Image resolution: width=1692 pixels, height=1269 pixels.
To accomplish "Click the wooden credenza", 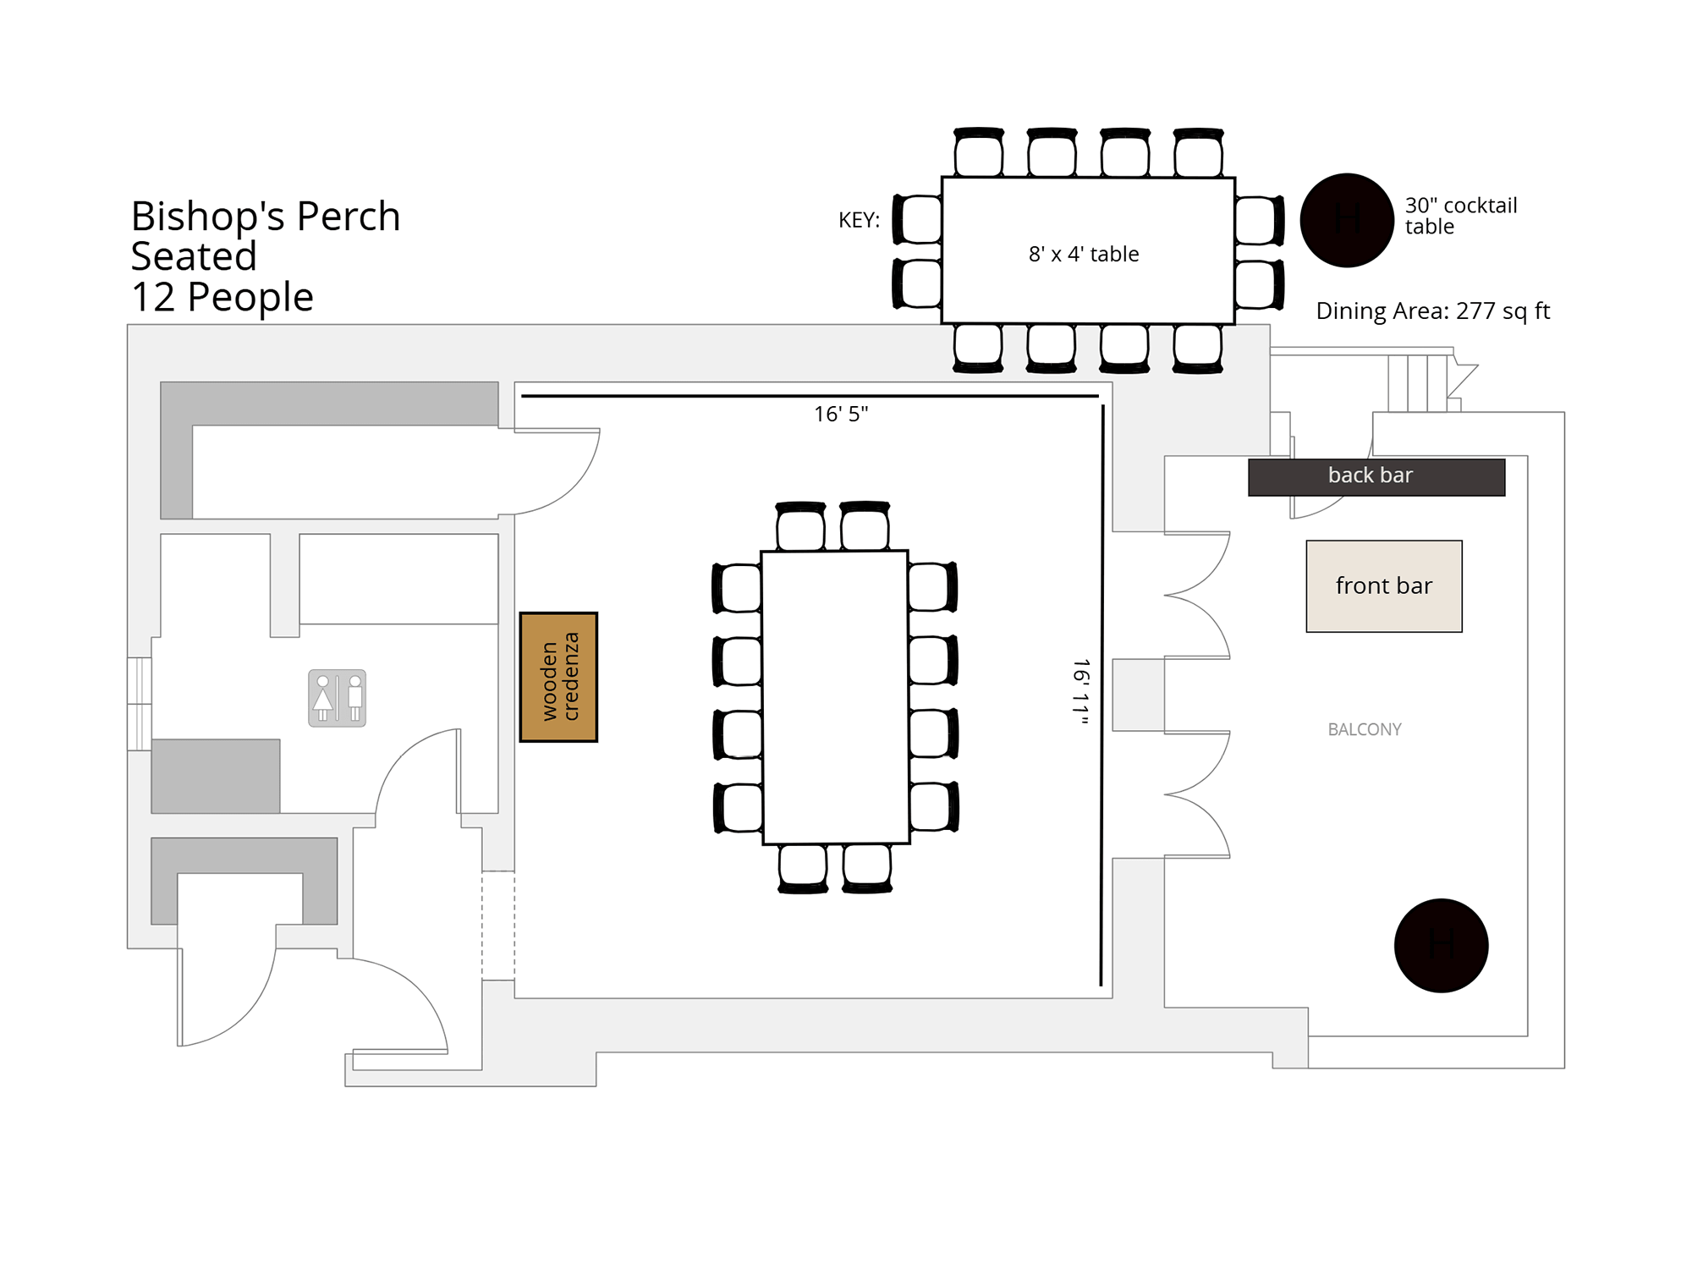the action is click(558, 677).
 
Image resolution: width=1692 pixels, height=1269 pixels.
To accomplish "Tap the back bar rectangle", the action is click(1376, 477).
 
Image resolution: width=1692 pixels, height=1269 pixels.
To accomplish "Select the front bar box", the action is click(1384, 586).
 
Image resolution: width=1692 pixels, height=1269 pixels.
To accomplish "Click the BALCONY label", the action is click(1365, 729).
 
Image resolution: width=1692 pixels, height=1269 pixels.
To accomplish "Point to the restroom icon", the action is click(338, 698).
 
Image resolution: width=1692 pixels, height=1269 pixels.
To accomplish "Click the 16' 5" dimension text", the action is click(841, 414).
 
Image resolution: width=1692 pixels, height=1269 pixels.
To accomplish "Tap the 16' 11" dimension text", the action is click(1080, 692).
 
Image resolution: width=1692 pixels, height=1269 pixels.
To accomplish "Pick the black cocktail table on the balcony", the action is click(1441, 945).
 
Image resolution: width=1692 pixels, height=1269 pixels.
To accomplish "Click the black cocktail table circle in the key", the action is click(1347, 220).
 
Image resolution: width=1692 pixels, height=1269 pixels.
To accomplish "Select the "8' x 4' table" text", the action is click(1084, 254).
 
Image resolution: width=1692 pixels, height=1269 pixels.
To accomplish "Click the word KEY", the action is click(859, 220).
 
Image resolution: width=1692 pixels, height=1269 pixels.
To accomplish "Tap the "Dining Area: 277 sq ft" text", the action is click(1432, 311).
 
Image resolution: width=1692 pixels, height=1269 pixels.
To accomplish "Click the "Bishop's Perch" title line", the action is click(266, 216).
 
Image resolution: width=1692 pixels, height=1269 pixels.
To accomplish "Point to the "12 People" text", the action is click(222, 297).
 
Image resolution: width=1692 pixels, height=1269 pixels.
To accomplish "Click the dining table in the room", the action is click(835, 698).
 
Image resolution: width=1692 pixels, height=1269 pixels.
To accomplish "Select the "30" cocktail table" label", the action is click(1461, 216).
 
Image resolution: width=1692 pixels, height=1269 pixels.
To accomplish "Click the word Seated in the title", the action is click(194, 256).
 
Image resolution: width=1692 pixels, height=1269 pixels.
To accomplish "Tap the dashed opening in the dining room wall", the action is click(498, 926).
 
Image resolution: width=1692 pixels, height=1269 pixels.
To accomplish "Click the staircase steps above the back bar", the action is click(1418, 383).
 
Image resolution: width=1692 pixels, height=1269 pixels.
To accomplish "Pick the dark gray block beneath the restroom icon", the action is click(216, 777).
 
